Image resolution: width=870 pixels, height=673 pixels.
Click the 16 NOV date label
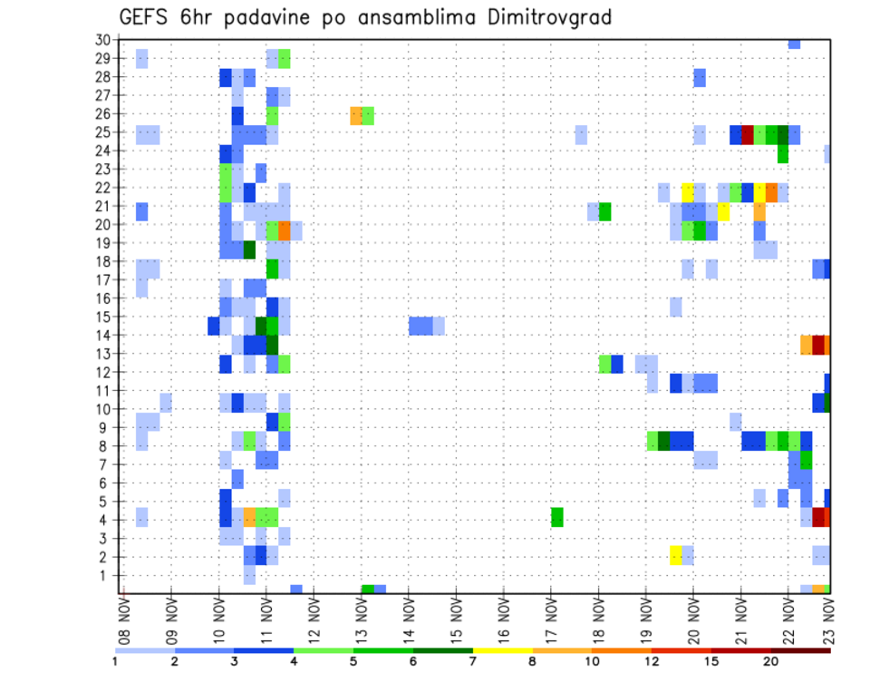coord(504,620)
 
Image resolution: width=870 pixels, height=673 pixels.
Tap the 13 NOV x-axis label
coord(362,620)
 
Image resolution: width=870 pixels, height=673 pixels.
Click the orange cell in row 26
coord(356,115)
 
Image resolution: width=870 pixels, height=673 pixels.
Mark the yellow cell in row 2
coord(676,555)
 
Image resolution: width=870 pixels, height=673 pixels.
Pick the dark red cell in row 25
coord(748,134)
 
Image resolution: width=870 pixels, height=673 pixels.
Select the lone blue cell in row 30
coord(794,44)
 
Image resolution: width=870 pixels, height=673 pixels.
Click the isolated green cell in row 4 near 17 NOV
coord(557,517)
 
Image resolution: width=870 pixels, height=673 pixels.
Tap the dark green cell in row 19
coord(249,249)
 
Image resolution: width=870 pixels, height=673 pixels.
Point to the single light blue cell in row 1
coord(249,574)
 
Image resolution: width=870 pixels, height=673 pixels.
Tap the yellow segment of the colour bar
coord(503,650)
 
